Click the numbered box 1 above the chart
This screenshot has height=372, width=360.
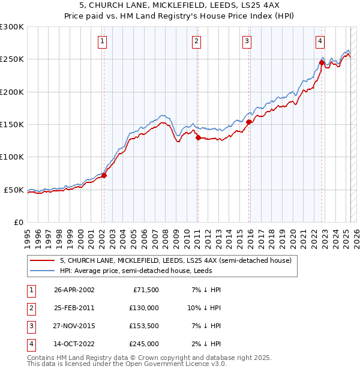(103, 41)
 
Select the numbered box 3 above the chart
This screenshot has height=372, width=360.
(247, 41)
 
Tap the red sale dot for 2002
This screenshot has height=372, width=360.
(104, 176)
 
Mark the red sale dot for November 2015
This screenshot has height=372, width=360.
(248, 122)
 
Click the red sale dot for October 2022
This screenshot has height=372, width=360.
(322, 62)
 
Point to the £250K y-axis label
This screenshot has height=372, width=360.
(12, 59)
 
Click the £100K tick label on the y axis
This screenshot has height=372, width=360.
(12, 157)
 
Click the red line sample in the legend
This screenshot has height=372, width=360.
(42, 260)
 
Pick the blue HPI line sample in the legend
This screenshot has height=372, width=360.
(42, 271)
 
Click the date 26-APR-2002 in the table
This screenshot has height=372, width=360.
(74, 290)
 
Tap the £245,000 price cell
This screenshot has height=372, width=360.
(143, 344)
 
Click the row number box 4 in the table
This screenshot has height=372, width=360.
(30, 344)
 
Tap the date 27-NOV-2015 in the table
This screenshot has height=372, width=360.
(74, 326)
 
